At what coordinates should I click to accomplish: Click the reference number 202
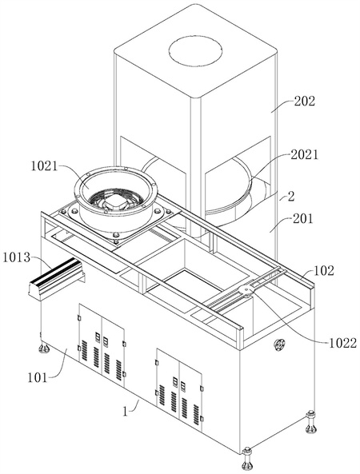tap(305, 102)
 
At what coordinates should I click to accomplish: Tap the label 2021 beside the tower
tap(305, 155)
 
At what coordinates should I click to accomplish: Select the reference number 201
tap(303, 218)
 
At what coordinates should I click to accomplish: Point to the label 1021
tap(44, 166)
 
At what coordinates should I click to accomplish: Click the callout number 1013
tap(17, 257)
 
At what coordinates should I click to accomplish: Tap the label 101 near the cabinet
tap(38, 377)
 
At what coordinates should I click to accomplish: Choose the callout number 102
tap(324, 270)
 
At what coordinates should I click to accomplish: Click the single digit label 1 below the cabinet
tap(126, 412)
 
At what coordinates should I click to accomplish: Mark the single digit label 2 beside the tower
tap(290, 197)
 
